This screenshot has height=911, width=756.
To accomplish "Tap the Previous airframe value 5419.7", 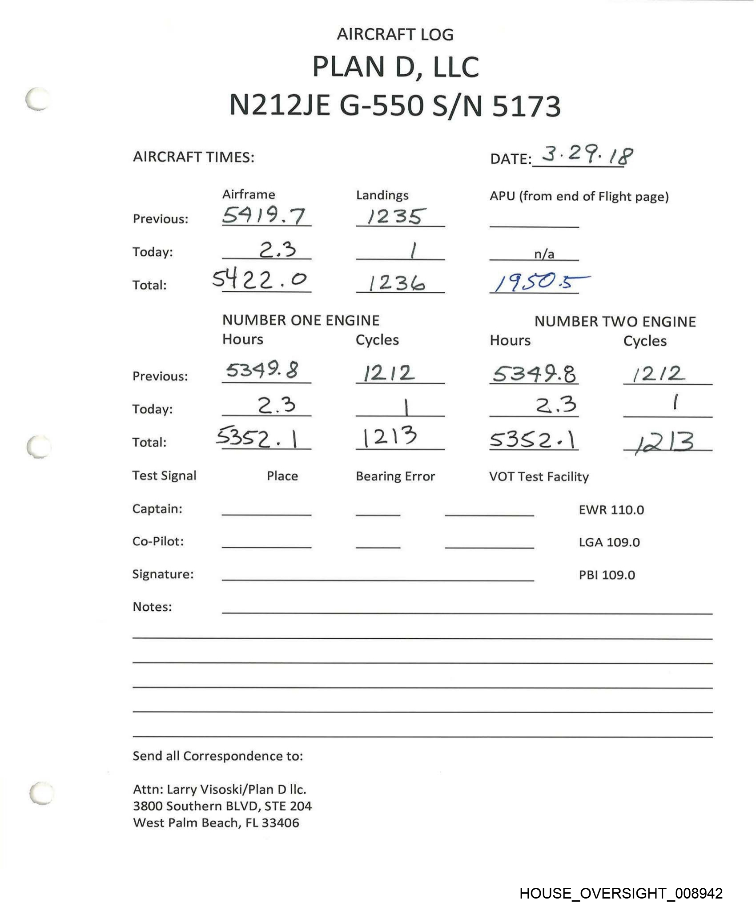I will [x=264, y=216].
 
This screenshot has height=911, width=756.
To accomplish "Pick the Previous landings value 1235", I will [x=394, y=217].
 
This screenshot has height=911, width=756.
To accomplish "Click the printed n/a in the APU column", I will [x=544, y=254].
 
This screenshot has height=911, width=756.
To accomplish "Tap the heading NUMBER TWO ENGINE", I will [x=615, y=322].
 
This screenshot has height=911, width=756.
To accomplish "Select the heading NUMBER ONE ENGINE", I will [x=301, y=320].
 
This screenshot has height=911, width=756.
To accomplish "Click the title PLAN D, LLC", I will [x=395, y=68].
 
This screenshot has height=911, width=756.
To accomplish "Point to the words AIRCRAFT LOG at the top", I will [x=395, y=35].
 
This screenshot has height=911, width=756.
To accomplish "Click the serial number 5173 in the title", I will [x=526, y=107].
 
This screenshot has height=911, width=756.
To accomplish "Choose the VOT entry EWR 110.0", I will [x=611, y=510].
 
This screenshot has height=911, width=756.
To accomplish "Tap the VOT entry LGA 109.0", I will [x=609, y=542].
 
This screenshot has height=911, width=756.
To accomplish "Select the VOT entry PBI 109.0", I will [x=607, y=575].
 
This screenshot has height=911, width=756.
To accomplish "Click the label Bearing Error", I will [x=395, y=476].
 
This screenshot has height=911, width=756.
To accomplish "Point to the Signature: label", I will [x=163, y=574].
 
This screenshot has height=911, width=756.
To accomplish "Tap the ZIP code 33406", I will [x=280, y=823].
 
